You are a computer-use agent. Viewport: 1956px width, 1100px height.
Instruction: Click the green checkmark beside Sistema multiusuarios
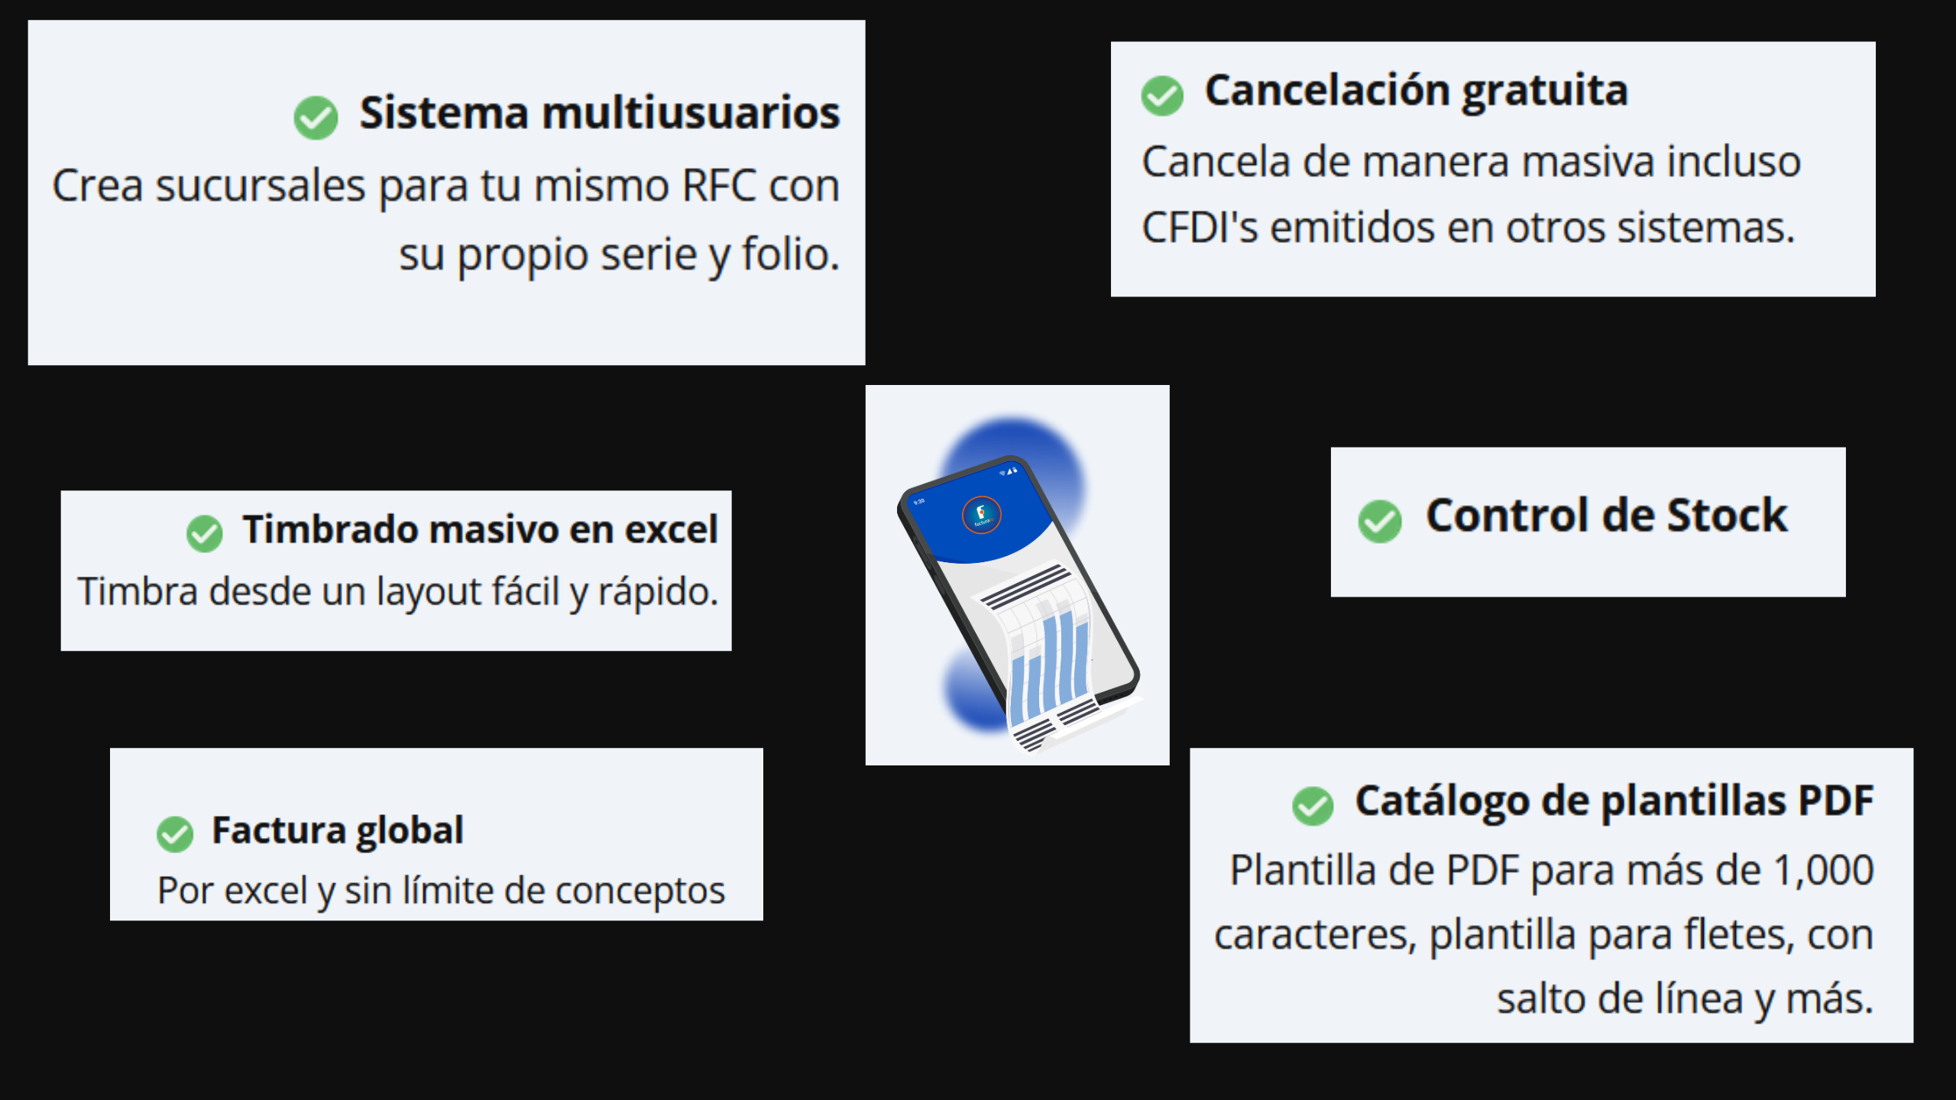click(316, 118)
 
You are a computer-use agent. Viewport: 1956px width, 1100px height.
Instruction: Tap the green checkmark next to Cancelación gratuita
click(1162, 95)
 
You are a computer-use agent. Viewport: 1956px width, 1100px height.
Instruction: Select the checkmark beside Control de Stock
click(1380, 521)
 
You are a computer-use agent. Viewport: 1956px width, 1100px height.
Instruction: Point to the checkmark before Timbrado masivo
click(204, 533)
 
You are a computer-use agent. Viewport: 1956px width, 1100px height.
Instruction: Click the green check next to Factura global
click(175, 834)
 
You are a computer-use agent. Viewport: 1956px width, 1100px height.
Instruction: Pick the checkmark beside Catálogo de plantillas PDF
click(1313, 805)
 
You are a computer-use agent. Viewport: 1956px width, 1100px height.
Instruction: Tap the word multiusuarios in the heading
click(691, 113)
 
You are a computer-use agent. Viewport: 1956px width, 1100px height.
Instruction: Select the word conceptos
click(640, 891)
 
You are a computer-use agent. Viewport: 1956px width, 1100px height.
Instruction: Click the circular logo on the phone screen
click(981, 515)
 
